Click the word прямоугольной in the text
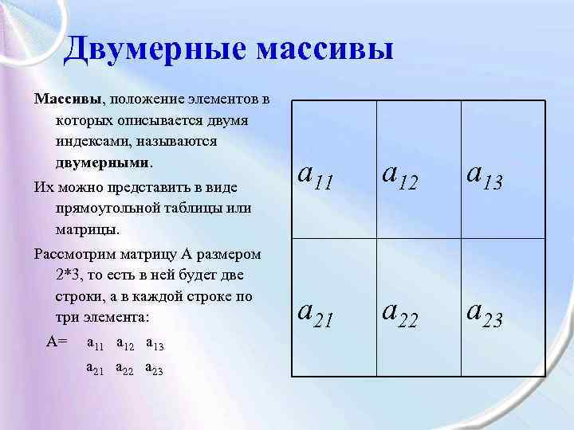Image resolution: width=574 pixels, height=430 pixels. click(x=111, y=209)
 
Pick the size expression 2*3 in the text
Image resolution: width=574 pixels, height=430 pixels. click(x=69, y=276)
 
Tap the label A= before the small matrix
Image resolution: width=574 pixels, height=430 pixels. click(x=57, y=341)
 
